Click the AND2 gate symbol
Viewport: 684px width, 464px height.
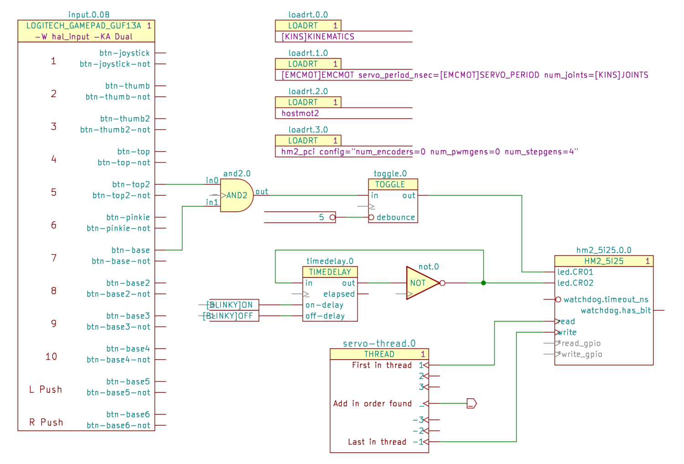[236, 195]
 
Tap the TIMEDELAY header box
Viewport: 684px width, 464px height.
[330, 272]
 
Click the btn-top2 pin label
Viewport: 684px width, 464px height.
[131, 184]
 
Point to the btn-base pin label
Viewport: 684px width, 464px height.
[131, 250]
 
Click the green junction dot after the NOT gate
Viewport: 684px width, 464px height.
[483, 283]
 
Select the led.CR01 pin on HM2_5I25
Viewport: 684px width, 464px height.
[575, 272]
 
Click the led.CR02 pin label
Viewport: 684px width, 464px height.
[575, 283]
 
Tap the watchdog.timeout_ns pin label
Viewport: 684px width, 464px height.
[606, 299]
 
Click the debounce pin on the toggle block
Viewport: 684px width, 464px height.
[396, 217]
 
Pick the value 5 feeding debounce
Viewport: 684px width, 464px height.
[321, 217]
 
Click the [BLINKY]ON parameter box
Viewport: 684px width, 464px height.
[233, 305]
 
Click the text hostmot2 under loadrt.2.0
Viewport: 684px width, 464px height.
[300, 113]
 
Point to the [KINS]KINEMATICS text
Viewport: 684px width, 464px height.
[318, 36]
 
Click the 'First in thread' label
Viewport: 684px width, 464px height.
[381, 365]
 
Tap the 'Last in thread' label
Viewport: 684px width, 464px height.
[377, 442]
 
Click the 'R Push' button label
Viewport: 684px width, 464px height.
[46, 422]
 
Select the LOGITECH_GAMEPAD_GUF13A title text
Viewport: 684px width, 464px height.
[84, 26]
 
